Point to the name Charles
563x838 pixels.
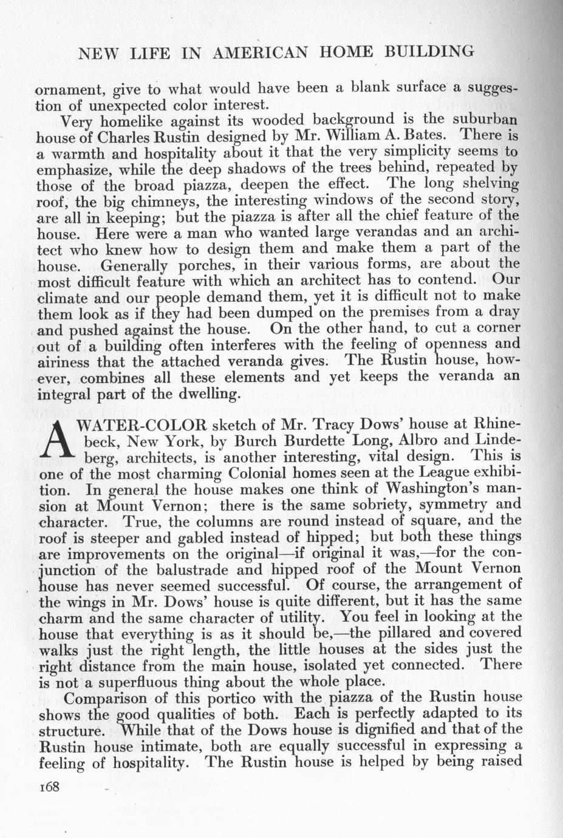128,135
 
